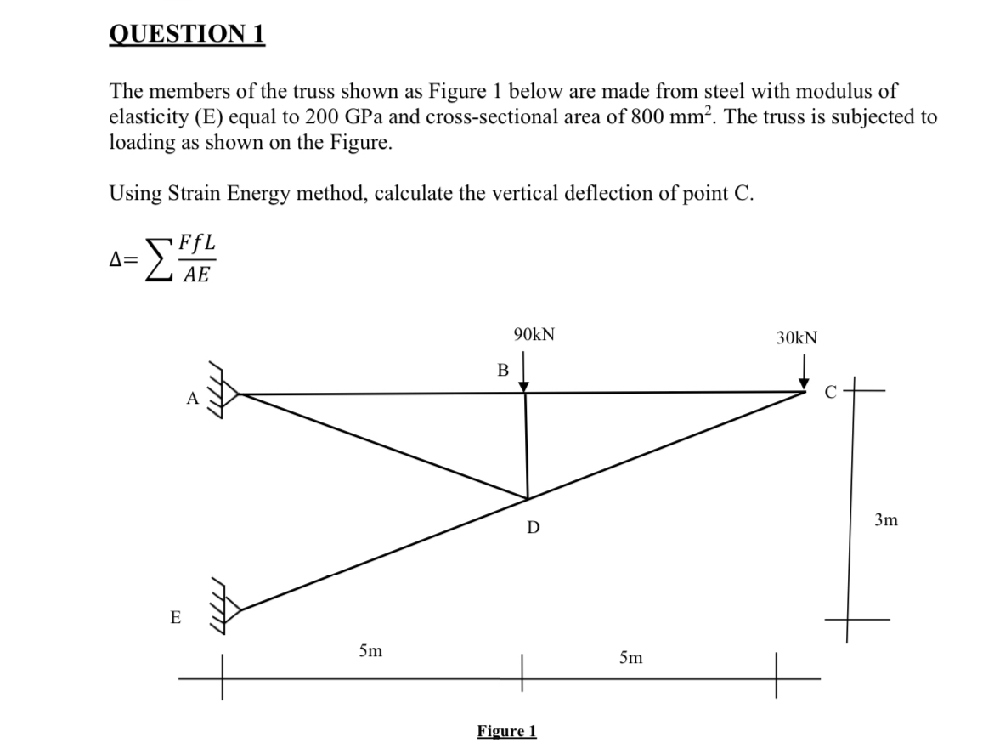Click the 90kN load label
coord(534,334)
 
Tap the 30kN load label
coord(797,337)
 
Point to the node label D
coord(533,528)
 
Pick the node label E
coord(175,618)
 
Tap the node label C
coord(833,392)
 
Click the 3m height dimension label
coord(885,519)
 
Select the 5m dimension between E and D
coord(370,652)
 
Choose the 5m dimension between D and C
coord(630,657)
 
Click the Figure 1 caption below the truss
coord(506,731)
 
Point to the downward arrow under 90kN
coord(524,373)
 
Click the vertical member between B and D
coord(527,446)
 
